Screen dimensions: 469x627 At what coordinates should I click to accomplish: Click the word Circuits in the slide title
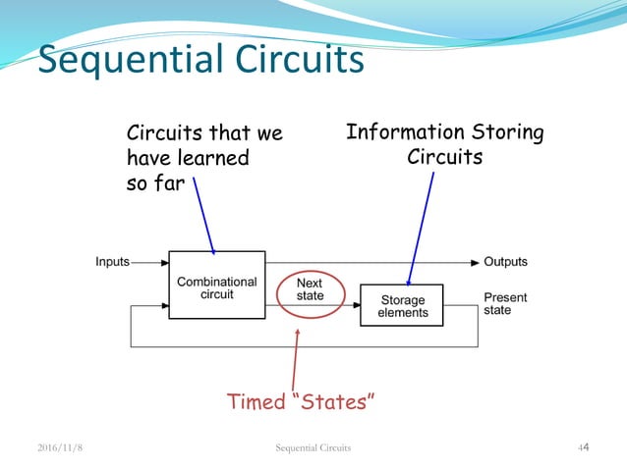tap(297, 61)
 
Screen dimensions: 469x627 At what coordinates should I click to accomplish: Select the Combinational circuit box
tap(216, 286)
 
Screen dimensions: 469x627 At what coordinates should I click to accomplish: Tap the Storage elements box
tap(402, 305)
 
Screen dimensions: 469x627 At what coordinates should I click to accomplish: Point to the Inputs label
tap(112, 262)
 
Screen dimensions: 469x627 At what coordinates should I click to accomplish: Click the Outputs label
tap(505, 262)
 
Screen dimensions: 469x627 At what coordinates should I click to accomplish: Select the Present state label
tap(505, 303)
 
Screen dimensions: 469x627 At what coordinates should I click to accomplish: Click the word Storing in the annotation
tap(506, 132)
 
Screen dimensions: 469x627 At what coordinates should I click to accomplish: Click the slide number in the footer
tap(582, 448)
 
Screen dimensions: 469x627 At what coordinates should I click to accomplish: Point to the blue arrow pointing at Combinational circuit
tap(204, 216)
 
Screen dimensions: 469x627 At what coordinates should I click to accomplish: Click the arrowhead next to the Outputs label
tap(474, 263)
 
